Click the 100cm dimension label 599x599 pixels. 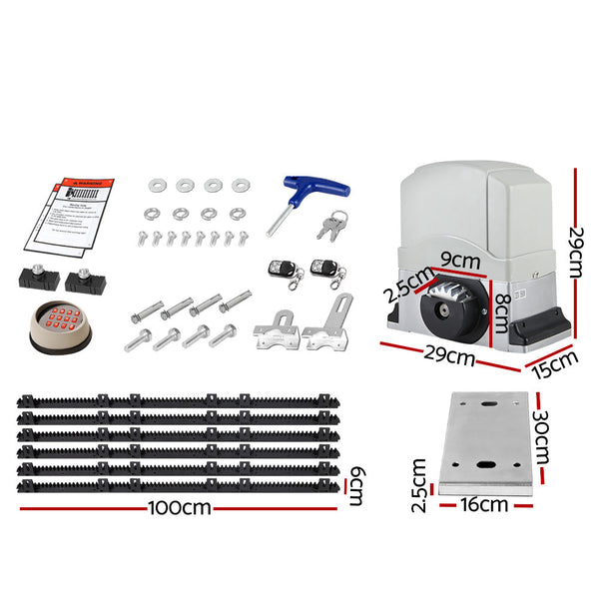tap(181, 507)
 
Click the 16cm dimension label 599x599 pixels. tap(484, 505)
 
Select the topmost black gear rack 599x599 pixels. tap(180, 400)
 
